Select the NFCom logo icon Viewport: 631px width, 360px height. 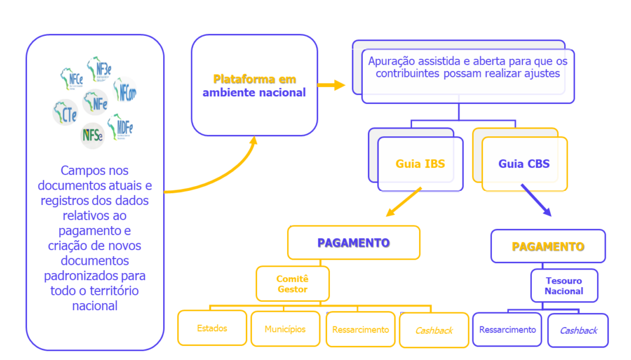point(126,92)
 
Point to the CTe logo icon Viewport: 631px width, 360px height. point(65,112)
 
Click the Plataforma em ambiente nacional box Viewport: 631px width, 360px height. point(254,85)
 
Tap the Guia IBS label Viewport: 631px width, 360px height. point(420,164)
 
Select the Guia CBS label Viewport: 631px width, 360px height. point(524,164)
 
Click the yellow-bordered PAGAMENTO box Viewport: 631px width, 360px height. point(353,243)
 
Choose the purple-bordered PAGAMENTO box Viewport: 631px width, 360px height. point(548,246)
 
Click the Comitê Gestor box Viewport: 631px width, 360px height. point(292,284)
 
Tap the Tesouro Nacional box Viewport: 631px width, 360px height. point(563,286)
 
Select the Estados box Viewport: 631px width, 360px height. point(212,328)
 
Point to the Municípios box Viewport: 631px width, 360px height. point(285,329)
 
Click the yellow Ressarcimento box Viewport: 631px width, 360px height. point(360,329)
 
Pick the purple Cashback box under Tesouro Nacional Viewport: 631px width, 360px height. point(578,330)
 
